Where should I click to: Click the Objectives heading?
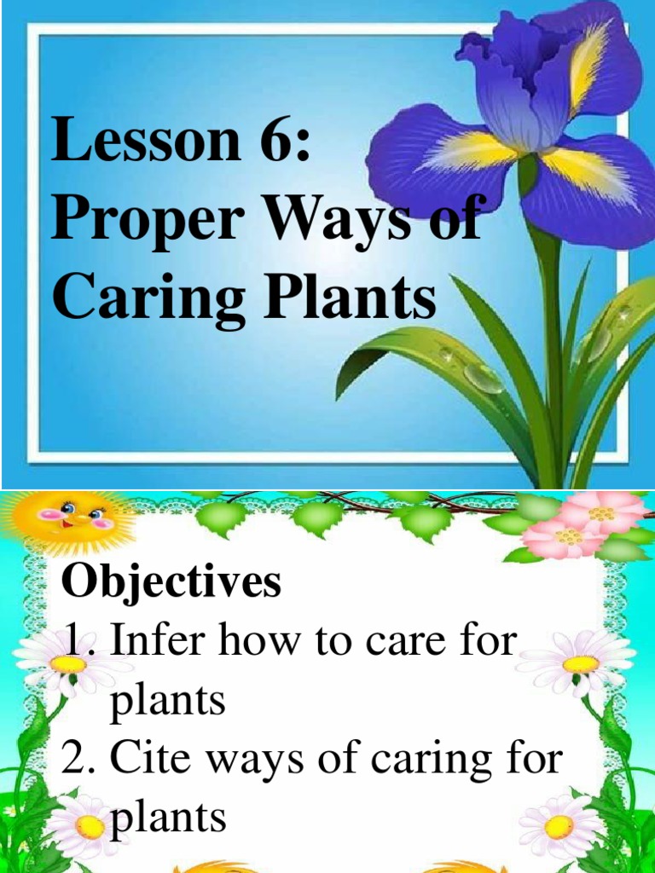coord(171,583)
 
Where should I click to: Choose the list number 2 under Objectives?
coord(82,759)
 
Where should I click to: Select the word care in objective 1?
coord(410,641)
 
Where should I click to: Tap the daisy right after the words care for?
coord(580,662)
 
